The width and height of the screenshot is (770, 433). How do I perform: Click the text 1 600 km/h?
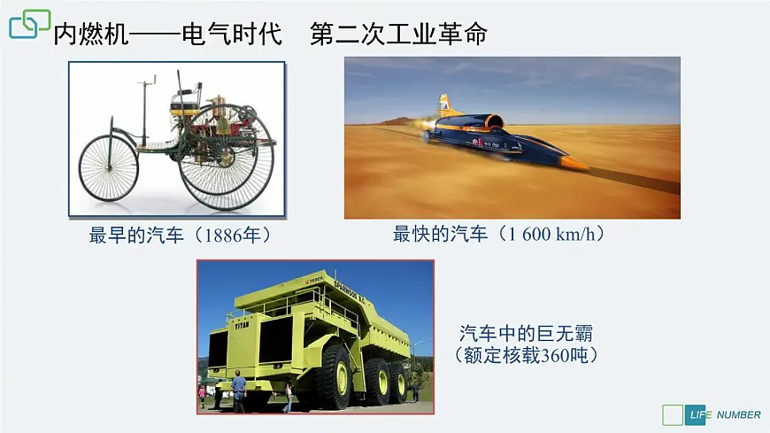tap(554, 235)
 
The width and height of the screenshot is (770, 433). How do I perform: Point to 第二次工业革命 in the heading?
tap(399, 35)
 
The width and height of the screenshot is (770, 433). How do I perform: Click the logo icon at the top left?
tap(29, 24)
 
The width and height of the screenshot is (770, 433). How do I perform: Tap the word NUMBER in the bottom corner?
tap(738, 414)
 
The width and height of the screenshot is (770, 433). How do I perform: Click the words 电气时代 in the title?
tap(231, 35)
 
